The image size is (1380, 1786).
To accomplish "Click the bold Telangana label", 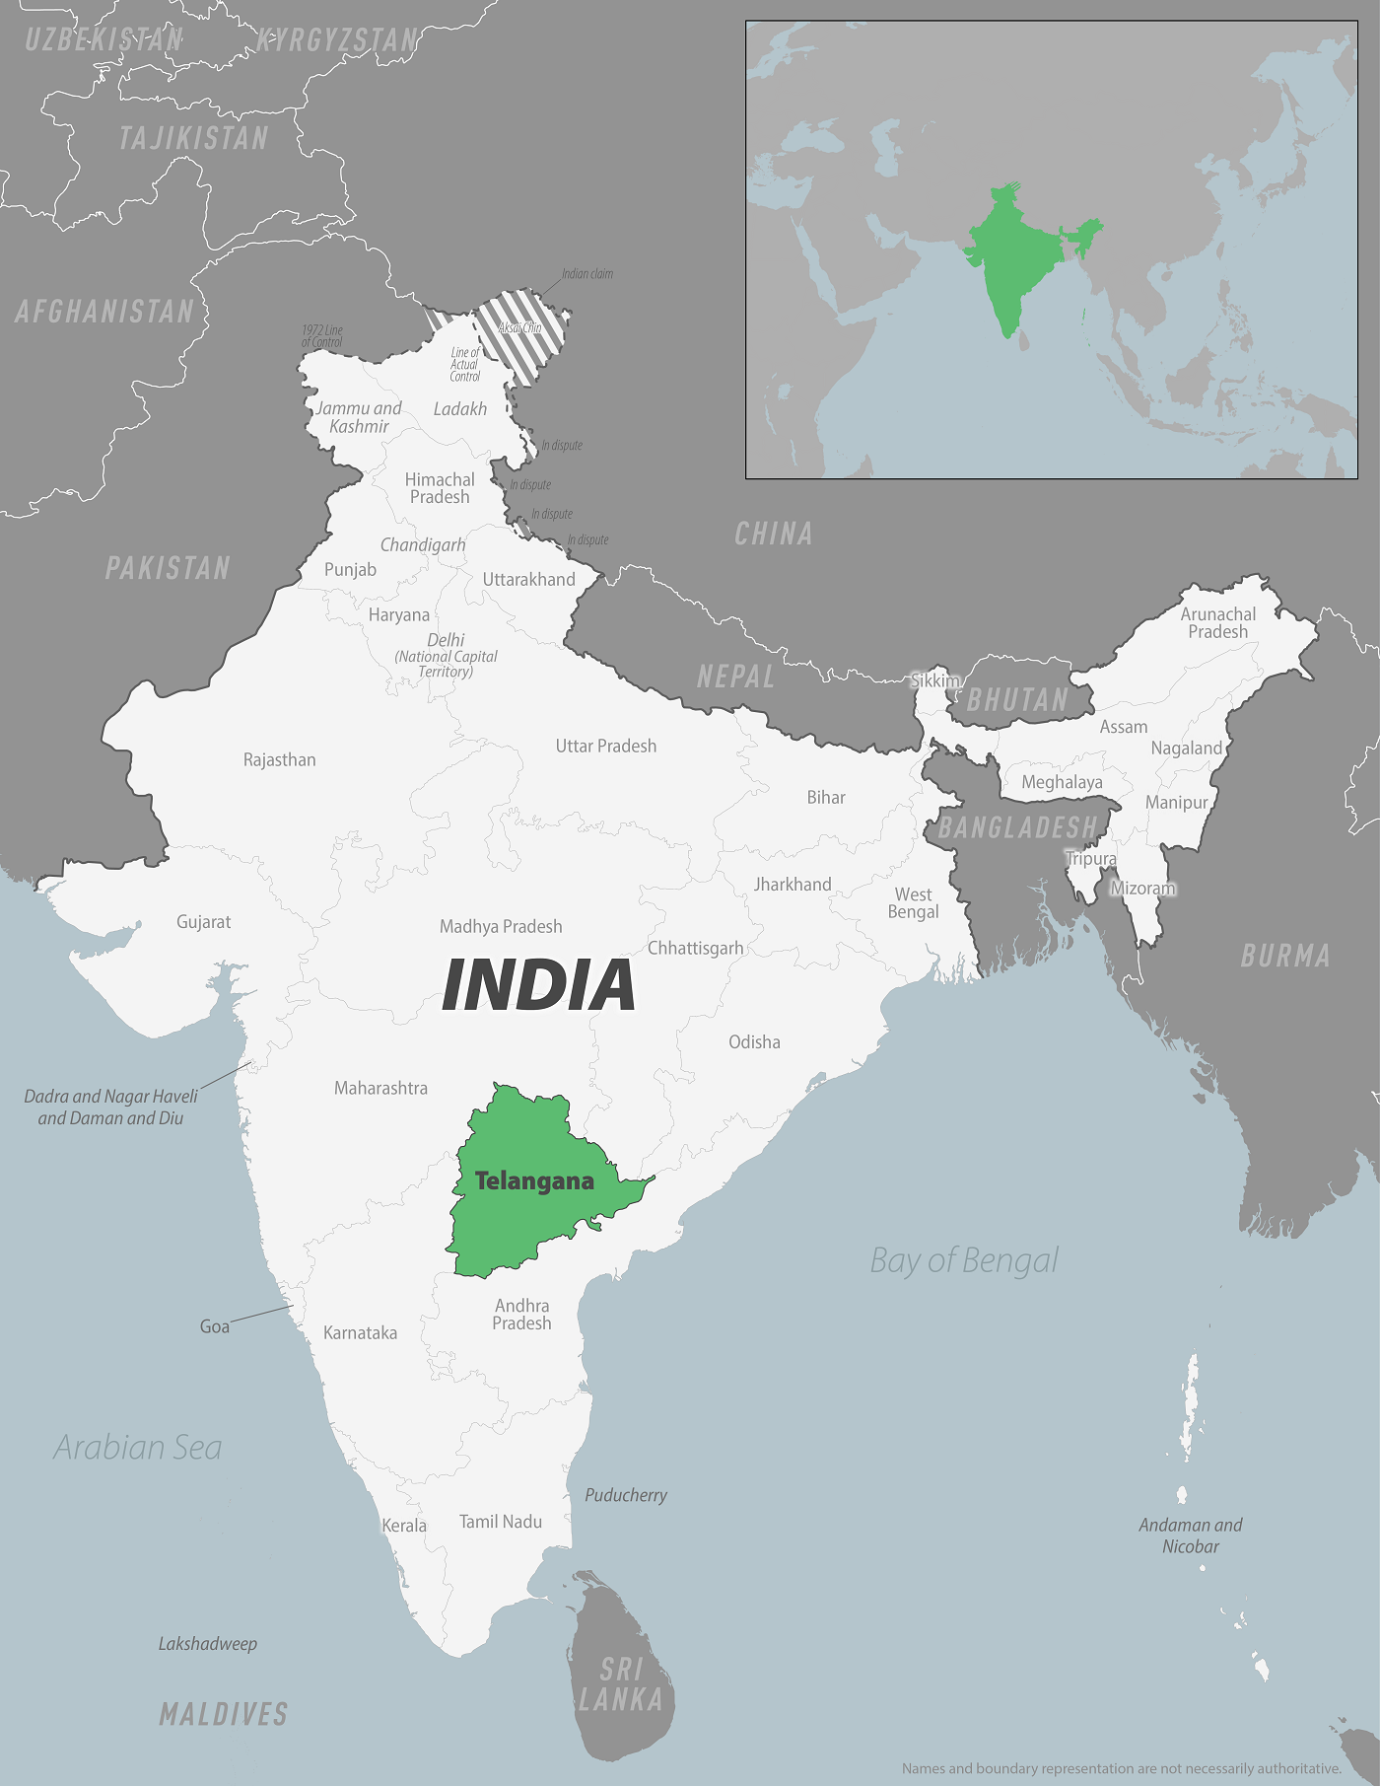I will [x=534, y=1180].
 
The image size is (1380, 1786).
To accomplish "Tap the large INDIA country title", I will [x=538, y=984].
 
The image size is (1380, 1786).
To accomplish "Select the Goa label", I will [x=215, y=1326].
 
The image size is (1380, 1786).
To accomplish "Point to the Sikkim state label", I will [x=934, y=680].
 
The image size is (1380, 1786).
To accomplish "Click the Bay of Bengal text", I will [x=963, y=1260].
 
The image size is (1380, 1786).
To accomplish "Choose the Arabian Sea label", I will [x=138, y=1447].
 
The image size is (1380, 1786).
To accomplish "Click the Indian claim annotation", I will [x=587, y=274].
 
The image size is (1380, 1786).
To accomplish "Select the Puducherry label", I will [x=626, y=1495].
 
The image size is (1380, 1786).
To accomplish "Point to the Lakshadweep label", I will [x=208, y=1644].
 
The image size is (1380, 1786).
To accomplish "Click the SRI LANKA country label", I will [x=621, y=1684].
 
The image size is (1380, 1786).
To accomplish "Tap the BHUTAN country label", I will [x=1017, y=700].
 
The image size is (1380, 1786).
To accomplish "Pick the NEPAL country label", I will [x=735, y=677].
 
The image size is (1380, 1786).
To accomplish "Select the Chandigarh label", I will [x=423, y=545].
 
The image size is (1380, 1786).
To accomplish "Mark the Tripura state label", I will [x=1091, y=858].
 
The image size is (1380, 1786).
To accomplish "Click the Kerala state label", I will [x=404, y=1526].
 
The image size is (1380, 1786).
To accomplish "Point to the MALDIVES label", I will [x=224, y=1714].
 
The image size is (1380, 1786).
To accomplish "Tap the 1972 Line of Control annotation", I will [x=322, y=336].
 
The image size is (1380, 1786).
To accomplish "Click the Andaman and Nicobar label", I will [x=1191, y=1536].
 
